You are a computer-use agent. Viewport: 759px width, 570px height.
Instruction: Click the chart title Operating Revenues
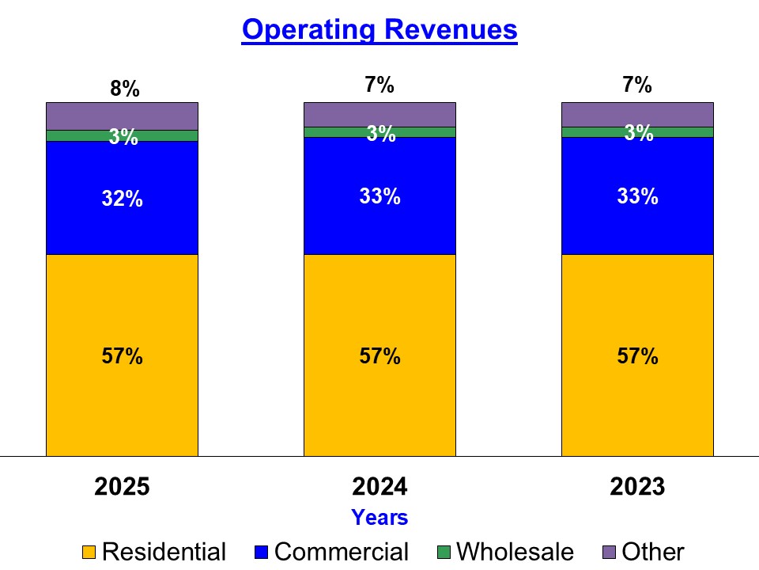click(x=379, y=29)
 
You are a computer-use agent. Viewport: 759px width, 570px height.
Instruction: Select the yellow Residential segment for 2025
click(x=122, y=396)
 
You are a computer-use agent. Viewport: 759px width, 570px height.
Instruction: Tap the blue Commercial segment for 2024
click(x=379, y=230)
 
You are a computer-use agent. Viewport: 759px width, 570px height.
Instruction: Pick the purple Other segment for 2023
click(x=637, y=114)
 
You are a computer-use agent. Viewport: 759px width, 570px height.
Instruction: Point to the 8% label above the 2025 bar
click(x=125, y=89)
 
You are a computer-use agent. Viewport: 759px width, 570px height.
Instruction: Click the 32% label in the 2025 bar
click(x=122, y=199)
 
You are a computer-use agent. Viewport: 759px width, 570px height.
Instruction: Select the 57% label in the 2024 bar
click(x=379, y=356)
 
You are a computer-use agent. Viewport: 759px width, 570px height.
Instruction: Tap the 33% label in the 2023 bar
click(x=637, y=196)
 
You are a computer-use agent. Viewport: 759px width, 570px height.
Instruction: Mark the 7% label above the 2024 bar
click(x=379, y=85)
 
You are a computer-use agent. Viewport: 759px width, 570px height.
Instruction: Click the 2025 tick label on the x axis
click(x=122, y=487)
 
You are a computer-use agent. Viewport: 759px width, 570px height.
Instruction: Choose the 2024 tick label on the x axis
click(x=379, y=487)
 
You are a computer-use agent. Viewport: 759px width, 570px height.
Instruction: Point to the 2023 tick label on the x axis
click(x=637, y=487)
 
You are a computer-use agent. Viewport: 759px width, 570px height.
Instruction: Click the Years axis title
click(x=379, y=518)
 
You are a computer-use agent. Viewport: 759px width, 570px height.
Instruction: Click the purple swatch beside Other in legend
click(x=610, y=552)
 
